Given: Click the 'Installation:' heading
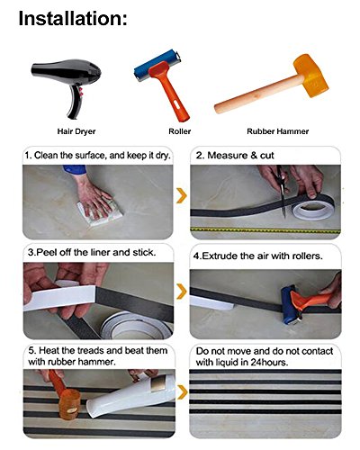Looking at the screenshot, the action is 73,19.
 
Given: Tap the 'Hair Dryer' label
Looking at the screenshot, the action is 76,131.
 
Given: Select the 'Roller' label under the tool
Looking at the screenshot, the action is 180,131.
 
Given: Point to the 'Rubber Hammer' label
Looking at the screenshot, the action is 278,131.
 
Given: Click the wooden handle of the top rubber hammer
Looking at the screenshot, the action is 258,94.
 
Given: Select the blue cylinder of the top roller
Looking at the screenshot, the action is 156,65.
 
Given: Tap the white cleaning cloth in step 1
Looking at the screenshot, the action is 101,212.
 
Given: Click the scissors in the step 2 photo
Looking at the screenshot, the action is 282,191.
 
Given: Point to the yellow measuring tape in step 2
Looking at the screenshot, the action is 265,230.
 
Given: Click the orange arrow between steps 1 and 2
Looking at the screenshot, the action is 182,195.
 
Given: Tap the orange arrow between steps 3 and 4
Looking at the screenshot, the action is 182,292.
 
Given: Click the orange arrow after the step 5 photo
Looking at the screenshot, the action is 182,392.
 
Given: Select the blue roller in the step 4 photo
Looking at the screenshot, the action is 289,305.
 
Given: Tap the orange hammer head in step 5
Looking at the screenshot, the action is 69,404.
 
